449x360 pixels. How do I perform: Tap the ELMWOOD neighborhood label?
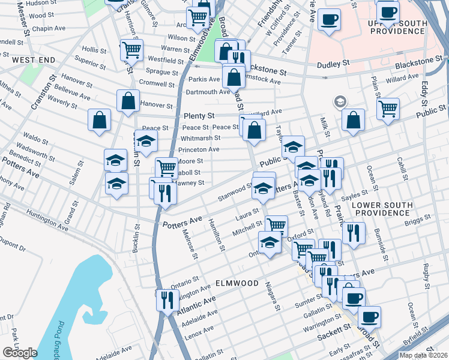click(x=237, y=283)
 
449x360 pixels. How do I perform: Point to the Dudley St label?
click(x=337, y=63)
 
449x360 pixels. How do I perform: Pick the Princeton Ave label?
click(x=199, y=149)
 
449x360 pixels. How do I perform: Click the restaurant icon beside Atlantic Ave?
click(x=167, y=299)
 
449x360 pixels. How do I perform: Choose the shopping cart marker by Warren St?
click(x=131, y=50)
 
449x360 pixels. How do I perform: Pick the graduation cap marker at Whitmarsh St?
click(x=146, y=140)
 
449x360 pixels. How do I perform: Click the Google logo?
click(x=20, y=352)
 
